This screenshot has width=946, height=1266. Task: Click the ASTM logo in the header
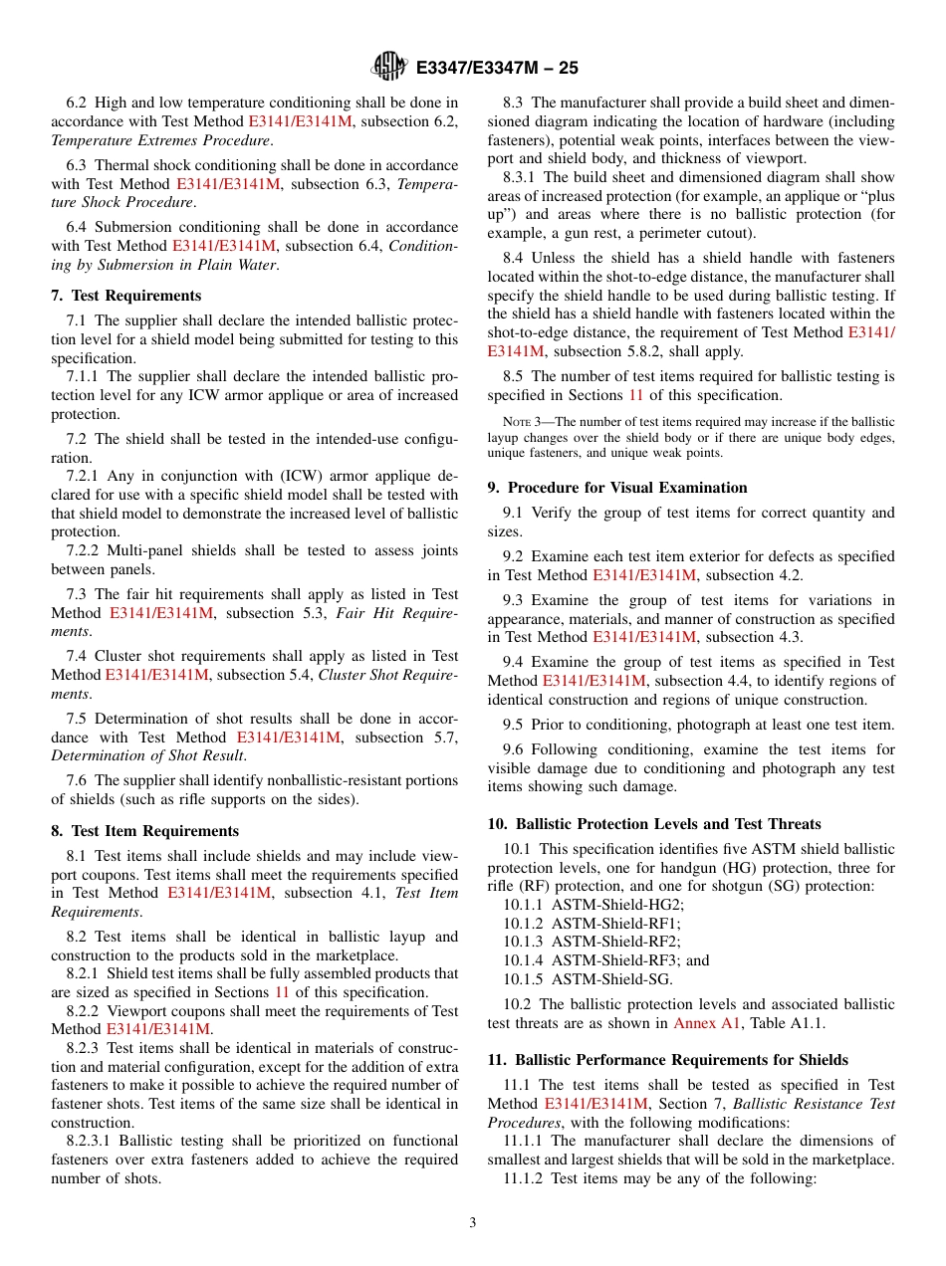[x=388, y=67]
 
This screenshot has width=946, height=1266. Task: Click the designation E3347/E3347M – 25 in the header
[x=496, y=69]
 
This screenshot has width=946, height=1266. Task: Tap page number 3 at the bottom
[x=473, y=1223]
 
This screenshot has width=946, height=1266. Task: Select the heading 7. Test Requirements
[x=126, y=296]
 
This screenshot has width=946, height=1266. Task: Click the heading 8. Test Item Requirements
[x=145, y=831]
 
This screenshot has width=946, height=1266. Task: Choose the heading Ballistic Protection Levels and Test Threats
[x=654, y=824]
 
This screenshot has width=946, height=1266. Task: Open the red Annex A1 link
[x=701, y=1023]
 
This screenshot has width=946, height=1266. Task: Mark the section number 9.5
[x=514, y=725]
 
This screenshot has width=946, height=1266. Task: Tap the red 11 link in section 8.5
[x=636, y=394]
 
